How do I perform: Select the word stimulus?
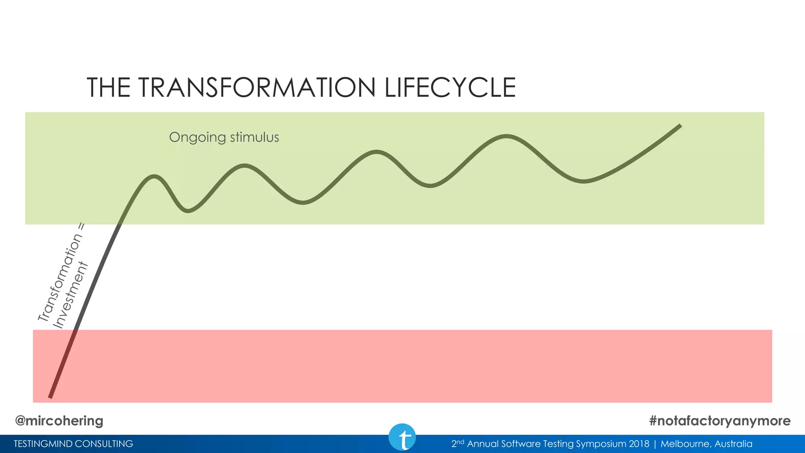254,137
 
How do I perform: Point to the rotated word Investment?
71,296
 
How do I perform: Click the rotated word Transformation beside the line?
60,278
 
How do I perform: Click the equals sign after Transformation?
81,227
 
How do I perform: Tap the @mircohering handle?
59,421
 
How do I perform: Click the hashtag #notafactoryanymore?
720,421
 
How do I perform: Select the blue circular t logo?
402,437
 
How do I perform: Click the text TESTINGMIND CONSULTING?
74,444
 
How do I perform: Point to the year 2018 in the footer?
639,444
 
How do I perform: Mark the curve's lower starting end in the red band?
50,396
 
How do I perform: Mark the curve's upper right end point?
680,126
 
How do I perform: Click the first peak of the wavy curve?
154,177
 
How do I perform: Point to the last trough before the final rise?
584,181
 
